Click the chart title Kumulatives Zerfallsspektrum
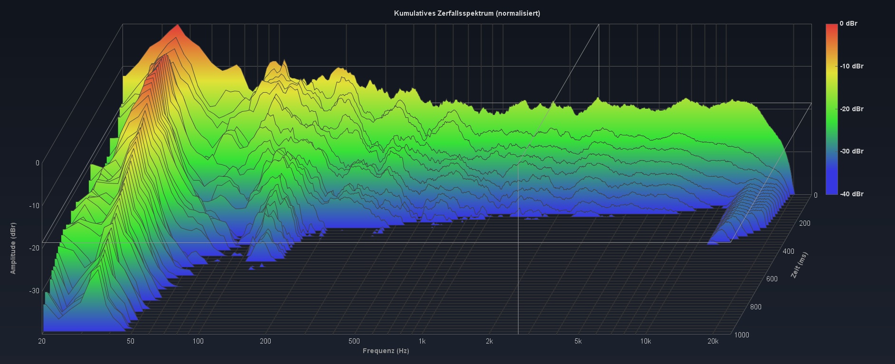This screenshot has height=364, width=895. coord(467,13)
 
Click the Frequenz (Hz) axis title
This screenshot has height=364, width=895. coord(386,351)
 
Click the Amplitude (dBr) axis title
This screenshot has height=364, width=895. coord(13,248)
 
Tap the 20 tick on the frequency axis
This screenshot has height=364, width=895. coord(42,341)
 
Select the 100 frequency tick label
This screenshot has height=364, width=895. coord(198,341)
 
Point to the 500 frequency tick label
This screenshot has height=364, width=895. coord(354,341)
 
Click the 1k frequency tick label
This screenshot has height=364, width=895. coord(422,341)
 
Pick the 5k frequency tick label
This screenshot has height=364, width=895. coord(578,341)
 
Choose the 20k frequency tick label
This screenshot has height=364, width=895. coord(713,341)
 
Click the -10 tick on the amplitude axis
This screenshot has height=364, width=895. coord(34,206)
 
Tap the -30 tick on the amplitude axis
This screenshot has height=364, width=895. coord(34,291)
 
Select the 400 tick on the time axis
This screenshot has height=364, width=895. coord(789,251)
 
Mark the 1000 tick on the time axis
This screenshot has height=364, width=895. coord(742,335)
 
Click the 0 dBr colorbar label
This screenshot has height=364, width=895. coord(848,23)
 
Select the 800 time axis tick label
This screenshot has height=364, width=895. coord(756,307)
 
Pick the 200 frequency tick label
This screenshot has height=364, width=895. coord(265,341)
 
